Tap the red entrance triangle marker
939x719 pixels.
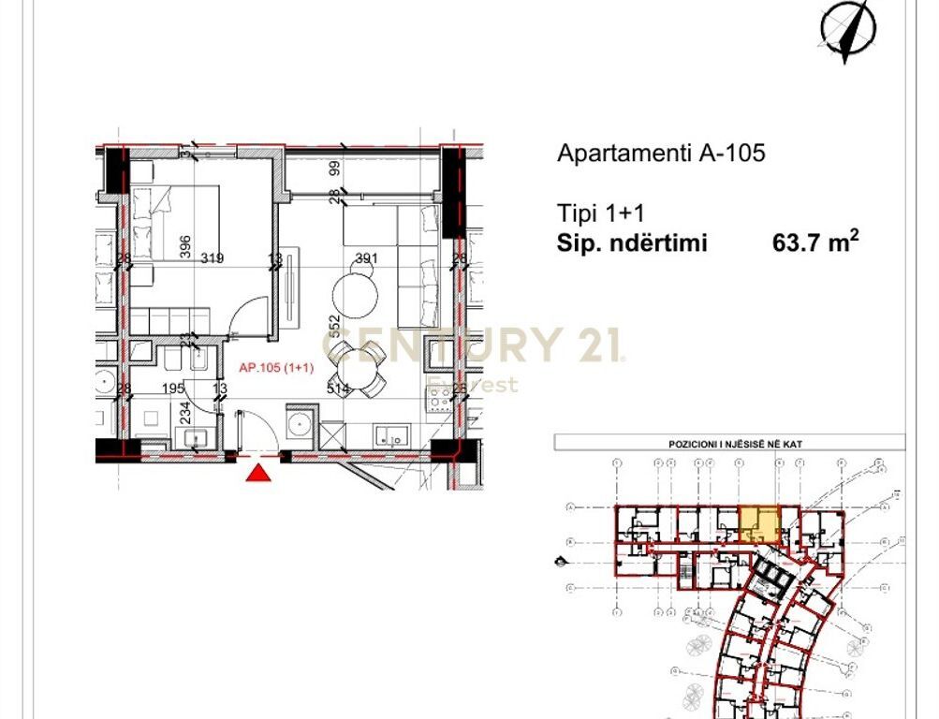pyautogui.click(x=258, y=473)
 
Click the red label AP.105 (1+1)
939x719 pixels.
pyautogui.click(x=275, y=368)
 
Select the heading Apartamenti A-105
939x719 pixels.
pyautogui.click(x=661, y=153)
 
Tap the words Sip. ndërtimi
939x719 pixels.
pyautogui.click(x=633, y=244)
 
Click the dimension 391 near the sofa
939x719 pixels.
pyautogui.click(x=366, y=259)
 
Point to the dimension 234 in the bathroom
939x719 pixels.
pyautogui.click(x=185, y=413)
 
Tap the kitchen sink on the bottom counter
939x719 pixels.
pyautogui.click(x=389, y=434)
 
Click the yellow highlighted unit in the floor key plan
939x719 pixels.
pyautogui.click(x=759, y=523)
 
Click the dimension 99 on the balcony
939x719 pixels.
pyautogui.click(x=332, y=169)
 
